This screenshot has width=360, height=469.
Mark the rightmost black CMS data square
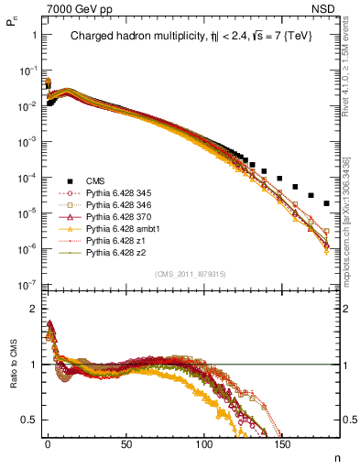[326, 202]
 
